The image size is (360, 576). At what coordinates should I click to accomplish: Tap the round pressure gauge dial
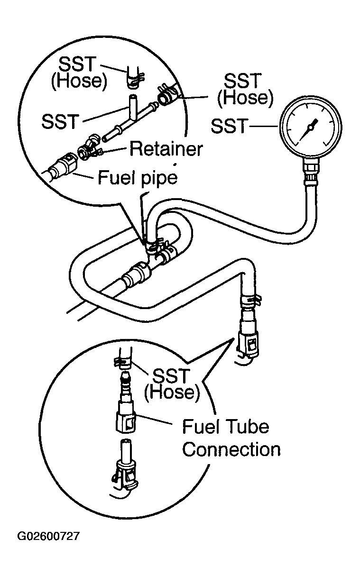click(311, 128)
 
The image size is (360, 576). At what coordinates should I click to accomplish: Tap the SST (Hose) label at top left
click(78, 73)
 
